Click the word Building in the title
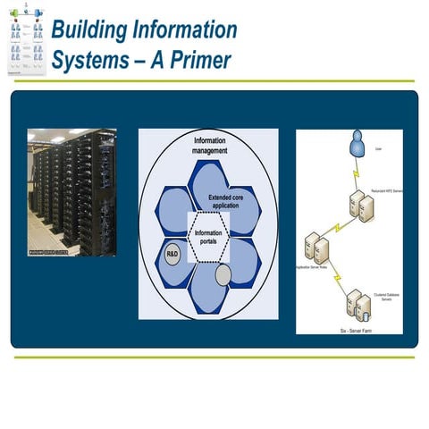[x=86, y=29]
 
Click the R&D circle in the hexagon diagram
[x=173, y=254]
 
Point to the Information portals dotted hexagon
[x=208, y=238]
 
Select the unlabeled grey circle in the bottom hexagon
[x=223, y=274]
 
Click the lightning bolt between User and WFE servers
[x=354, y=174]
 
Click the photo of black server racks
[x=71, y=188]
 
